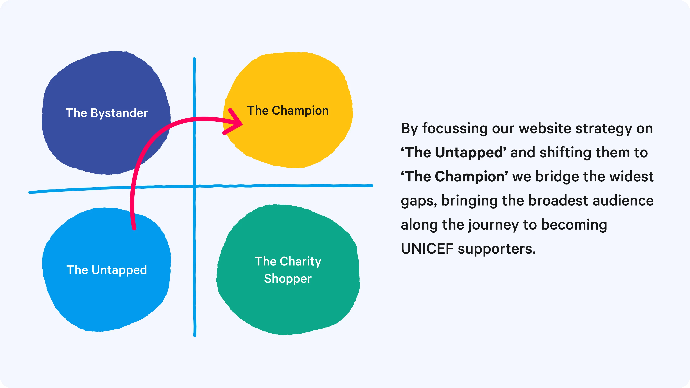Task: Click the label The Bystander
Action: coord(107,113)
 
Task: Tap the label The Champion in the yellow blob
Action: coord(288,111)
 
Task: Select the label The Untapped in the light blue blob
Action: coord(107,270)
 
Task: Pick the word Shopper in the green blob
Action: coord(288,279)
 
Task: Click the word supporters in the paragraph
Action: coord(497,249)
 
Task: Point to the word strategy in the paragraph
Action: coord(604,129)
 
